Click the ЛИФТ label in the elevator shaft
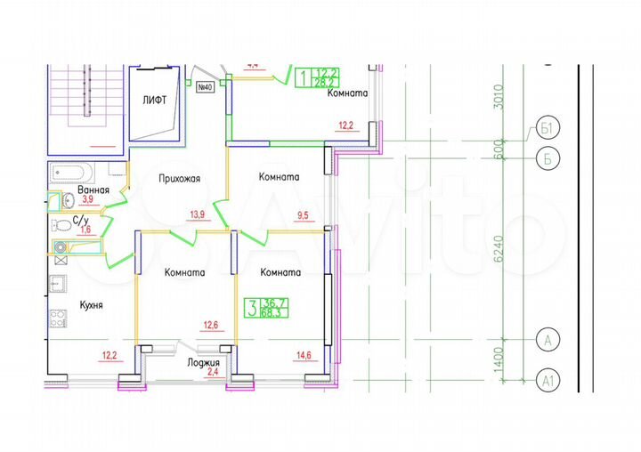(x=155, y=101)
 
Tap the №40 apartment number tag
(x=204, y=87)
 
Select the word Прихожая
(x=179, y=178)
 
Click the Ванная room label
(x=93, y=190)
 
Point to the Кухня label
(x=91, y=304)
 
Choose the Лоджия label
(x=203, y=363)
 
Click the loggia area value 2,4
(x=212, y=374)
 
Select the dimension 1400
(x=499, y=360)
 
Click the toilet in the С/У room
(x=59, y=224)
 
